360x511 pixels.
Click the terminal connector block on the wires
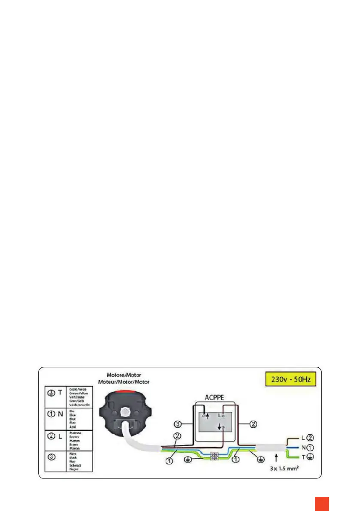coord(214,456)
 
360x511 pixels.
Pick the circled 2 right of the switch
coord(253,425)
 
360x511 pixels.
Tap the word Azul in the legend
coord(73,426)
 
